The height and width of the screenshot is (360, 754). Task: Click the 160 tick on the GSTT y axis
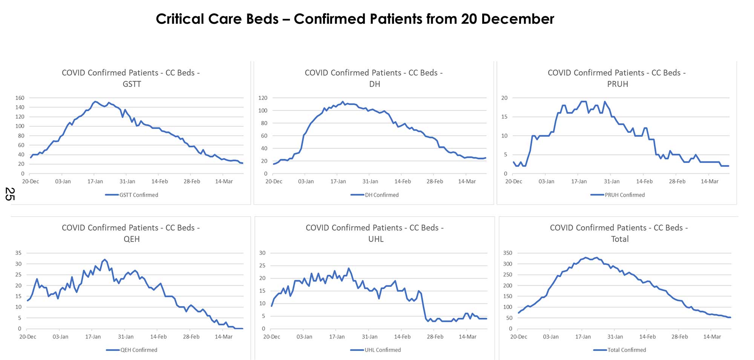pyautogui.click(x=20, y=98)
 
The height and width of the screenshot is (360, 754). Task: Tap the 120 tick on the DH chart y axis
pyautogui.click(x=263, y=98)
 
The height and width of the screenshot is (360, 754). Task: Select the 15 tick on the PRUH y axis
pyautogui.click(x=504, y=117)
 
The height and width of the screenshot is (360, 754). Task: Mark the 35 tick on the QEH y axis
pyautogui.click(x=18, y=253)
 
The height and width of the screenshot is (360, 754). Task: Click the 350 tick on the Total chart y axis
pyautogui.click(x=507, y=253)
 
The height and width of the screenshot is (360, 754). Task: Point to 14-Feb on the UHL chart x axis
pyautogui.click(x=402, y=337)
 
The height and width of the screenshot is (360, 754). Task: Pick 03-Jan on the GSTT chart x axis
pyautogui.click(x=63, y=181)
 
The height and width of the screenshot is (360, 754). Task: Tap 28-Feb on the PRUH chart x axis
pyautogui.click(x=677, y=181)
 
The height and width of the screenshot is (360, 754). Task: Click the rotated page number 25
pyautogui.click(x=10, y=194)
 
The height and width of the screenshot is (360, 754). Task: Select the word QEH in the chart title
pyautogui.click(x=132, y=239)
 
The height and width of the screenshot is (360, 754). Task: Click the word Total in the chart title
pyautogui.click(x=620, y=239)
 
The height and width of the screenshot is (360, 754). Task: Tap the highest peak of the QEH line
pyautogui.click(x=105, y=260)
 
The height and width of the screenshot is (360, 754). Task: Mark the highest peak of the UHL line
pyautogui.click(x=349, y=268)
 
